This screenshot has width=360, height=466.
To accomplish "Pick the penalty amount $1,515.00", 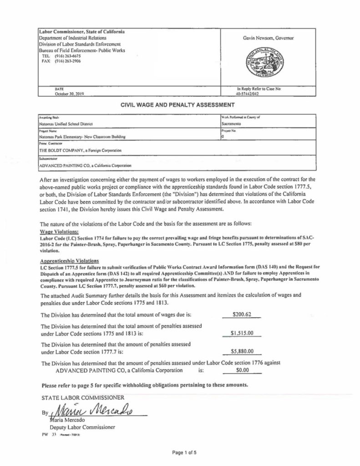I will (242, 333).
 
